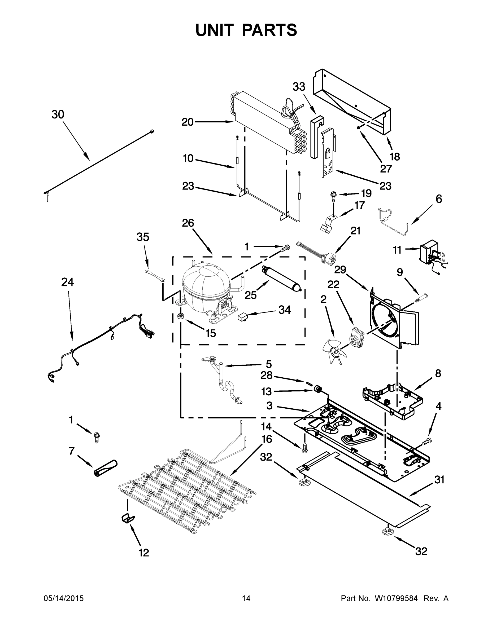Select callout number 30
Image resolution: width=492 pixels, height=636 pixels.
coord(58,115)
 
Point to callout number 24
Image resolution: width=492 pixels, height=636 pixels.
coord(67,282)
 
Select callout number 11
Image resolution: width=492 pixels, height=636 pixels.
coord(397,250)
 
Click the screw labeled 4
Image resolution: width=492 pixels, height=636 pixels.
coord(427,441)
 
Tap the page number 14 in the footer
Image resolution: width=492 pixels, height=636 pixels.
coord(246,598)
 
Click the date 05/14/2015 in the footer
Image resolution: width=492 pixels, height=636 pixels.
coord(64,598)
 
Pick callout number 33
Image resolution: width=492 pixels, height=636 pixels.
coord(299,87)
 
